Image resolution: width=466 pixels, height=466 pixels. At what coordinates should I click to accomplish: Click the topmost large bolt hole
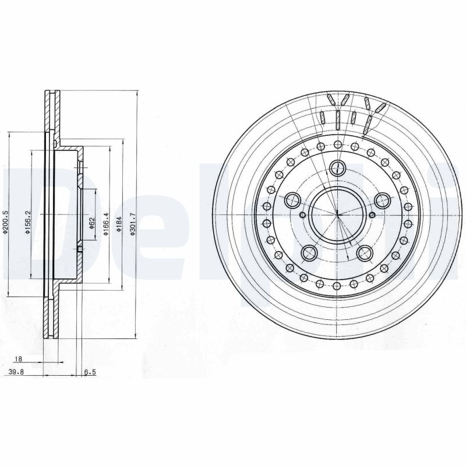337,168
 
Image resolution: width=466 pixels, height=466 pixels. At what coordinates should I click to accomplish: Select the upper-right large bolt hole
382,201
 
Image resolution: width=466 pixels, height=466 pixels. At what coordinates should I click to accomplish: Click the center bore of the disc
337,215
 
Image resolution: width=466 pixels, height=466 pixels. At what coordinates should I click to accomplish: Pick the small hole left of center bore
301,216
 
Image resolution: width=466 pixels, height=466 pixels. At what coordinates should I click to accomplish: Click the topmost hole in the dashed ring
337,144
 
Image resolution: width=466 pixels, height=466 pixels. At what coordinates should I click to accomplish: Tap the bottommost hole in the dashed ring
337,286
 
